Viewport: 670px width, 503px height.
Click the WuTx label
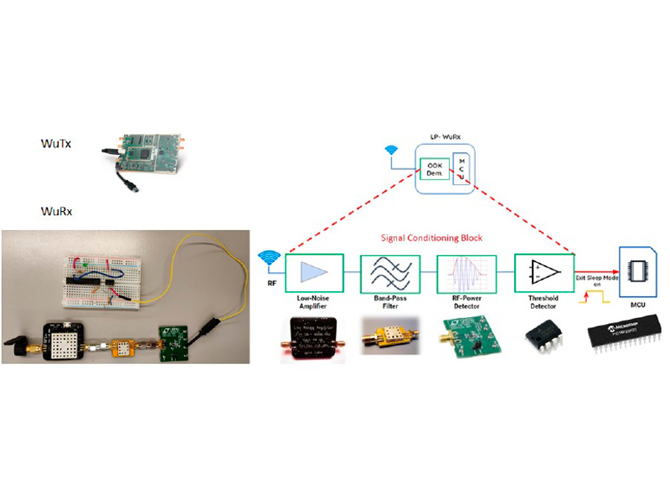(56, 144)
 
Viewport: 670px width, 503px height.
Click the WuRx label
(56, 211)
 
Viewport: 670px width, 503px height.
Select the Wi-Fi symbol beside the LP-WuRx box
(389, 151)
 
